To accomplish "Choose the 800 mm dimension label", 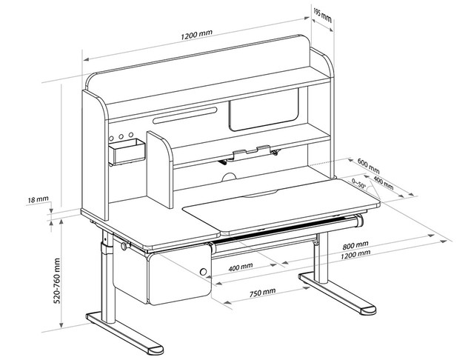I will tap(355, 245).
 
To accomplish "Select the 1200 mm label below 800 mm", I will tap(355, 255).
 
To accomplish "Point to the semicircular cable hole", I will tap(230, 177).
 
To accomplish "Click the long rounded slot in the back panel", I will tap(185, 117).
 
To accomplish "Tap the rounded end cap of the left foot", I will tap(150, 348).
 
